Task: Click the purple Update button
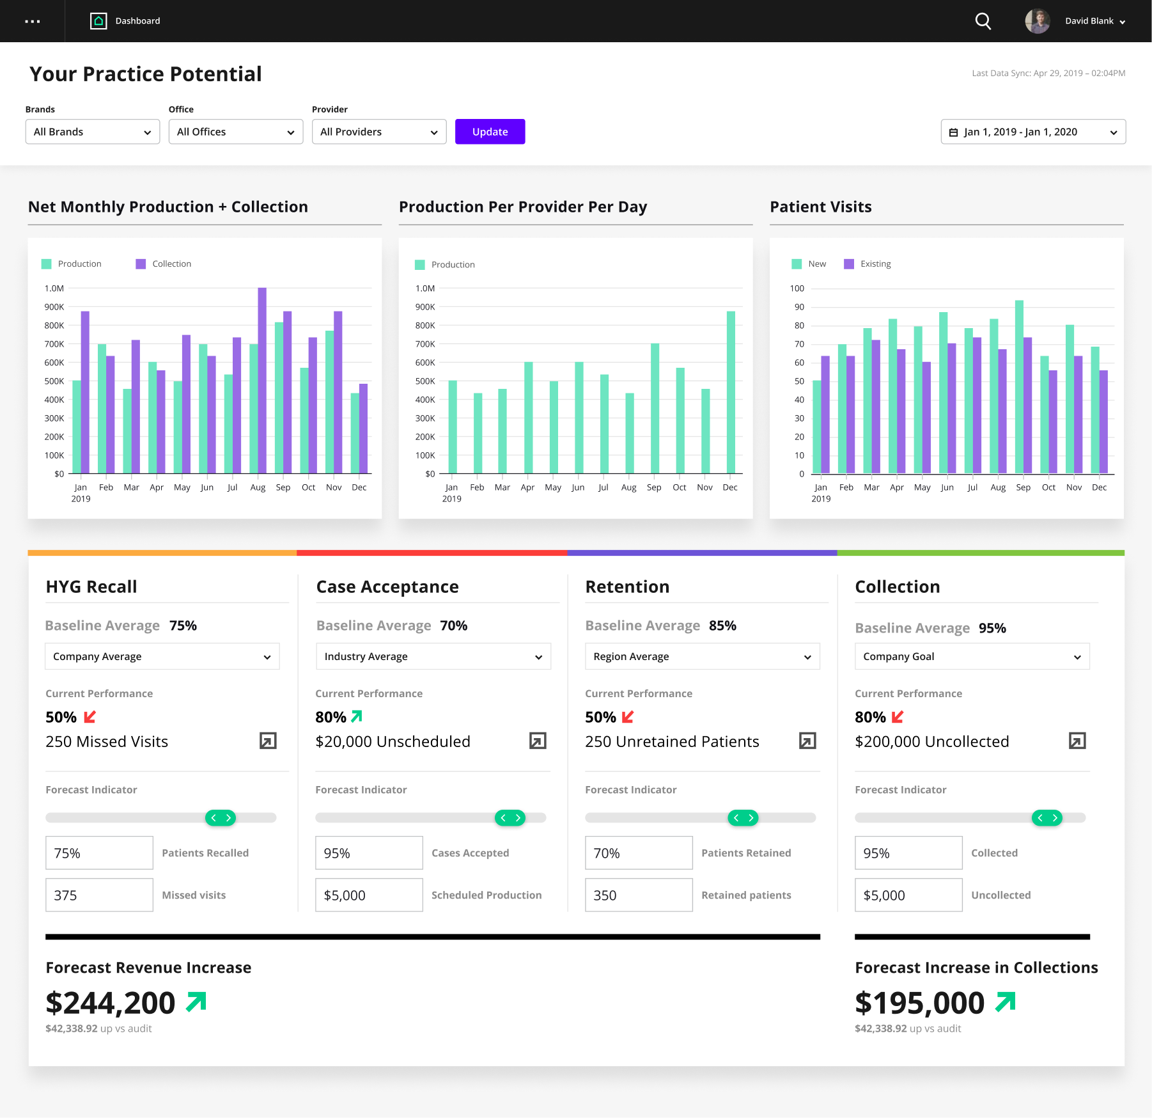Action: point(490,132)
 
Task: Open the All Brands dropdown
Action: point(93,132)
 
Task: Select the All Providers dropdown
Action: point(378,132)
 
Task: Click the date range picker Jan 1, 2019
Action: point(1032,132)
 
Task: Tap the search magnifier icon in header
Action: point(983,21)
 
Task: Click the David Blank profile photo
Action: point(1037,21)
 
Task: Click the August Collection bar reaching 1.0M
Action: point(262,381)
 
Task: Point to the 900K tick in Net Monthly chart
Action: point(54,307)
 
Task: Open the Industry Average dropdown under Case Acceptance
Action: point(433,656)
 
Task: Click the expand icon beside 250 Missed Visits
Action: point(268,741)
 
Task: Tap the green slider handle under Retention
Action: point(743,817)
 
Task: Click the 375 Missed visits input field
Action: point(99,895)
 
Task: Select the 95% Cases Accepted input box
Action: point(369,853)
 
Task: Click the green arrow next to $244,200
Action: point(196,1002)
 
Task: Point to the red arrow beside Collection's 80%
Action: point(898,717)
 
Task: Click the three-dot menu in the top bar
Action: point(32,21)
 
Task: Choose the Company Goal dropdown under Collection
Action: point(972,656)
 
